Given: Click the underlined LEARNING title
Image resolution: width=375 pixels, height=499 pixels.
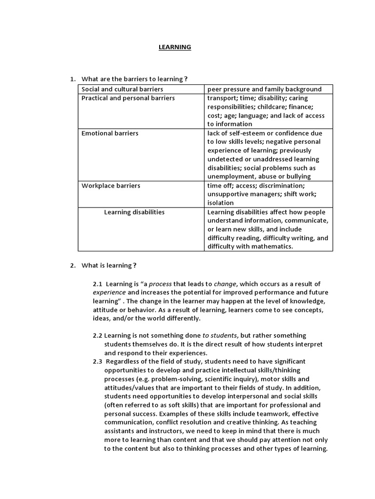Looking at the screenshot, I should click(174, 47).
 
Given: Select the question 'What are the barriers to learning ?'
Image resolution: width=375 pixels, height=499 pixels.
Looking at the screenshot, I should click(134, 79).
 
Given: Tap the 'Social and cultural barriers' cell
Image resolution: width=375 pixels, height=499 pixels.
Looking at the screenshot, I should click(122, 89).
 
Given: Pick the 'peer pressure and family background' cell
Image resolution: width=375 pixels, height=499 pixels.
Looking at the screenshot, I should click(264, 89).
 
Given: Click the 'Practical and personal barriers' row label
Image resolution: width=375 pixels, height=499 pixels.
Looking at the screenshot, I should click(128, 98).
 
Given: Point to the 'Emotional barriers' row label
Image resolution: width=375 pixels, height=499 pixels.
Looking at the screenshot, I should click(110, 133).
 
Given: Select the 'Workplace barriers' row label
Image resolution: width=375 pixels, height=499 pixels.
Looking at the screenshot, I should click(111, 186).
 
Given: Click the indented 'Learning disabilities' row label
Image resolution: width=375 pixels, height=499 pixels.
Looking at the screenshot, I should click(134, 212).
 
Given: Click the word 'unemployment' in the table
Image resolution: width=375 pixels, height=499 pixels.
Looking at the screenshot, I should click(231, 176).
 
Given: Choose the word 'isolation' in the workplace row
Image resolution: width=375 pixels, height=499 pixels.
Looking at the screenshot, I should click(220, 203).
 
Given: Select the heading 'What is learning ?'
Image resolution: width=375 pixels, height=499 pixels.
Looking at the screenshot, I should click(109, 265).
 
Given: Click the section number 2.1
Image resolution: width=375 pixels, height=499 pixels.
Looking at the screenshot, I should click(98, 284).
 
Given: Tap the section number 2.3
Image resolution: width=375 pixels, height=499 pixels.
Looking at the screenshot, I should click(98, 361).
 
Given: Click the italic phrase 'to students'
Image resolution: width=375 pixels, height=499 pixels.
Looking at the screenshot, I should click(220, 335).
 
